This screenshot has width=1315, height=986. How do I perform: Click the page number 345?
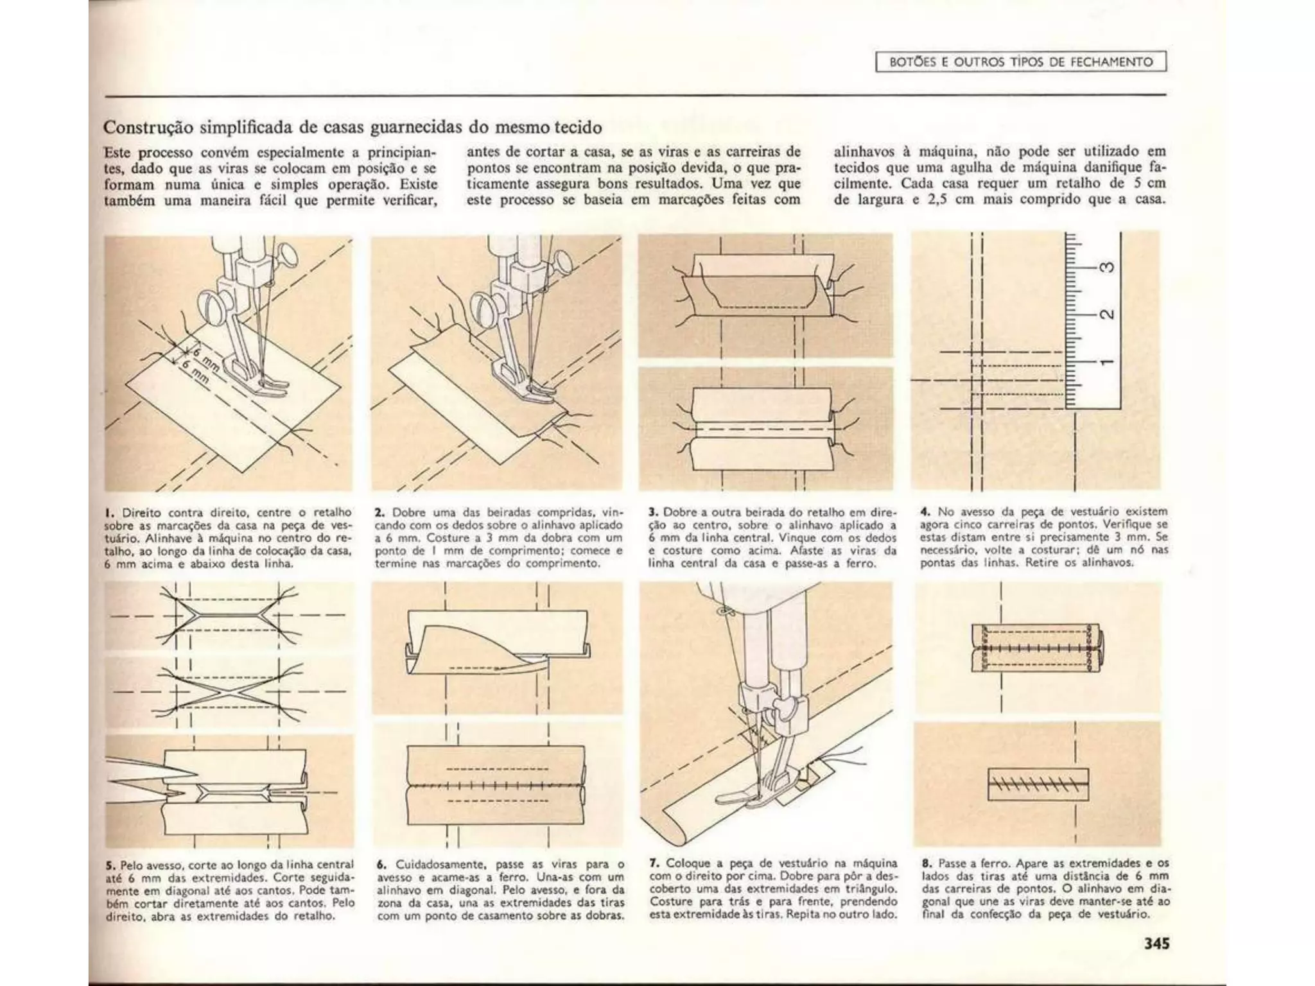tap(1156, 943)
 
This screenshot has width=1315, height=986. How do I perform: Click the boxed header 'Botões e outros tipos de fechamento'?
tap(1021, 62)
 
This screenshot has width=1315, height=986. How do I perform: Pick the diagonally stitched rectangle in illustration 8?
tap(1037, 784)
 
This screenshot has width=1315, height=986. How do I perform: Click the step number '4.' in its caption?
tap(925, 512)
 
